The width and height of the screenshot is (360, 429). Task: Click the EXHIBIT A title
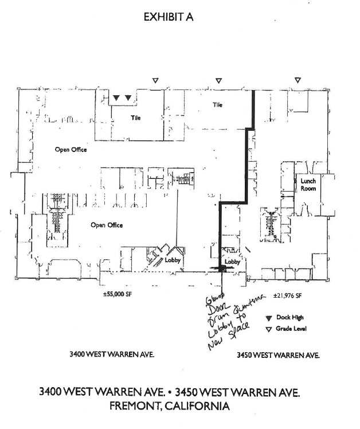pos(169,17)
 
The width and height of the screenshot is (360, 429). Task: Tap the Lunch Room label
pos(308,185)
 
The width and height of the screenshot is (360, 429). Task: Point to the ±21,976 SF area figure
pos(287,295)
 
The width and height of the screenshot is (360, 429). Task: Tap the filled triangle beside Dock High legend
pos(268,318)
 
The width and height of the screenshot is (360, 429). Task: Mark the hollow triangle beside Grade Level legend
pos(268,329)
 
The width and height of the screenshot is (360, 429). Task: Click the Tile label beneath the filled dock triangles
pos(135,118)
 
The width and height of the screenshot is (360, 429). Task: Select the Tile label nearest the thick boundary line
pos(217,105)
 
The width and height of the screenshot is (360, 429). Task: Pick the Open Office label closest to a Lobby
pos(107,225)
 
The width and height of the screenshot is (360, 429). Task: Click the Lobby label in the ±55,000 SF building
pos(173,260)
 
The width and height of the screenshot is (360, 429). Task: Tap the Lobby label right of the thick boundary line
pos(232,262)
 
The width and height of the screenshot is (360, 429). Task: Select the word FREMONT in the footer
pos(137,406)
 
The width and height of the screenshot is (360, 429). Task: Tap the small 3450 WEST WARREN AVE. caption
pos(278,356)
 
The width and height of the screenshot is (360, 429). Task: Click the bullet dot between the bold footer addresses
pos(170,392)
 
